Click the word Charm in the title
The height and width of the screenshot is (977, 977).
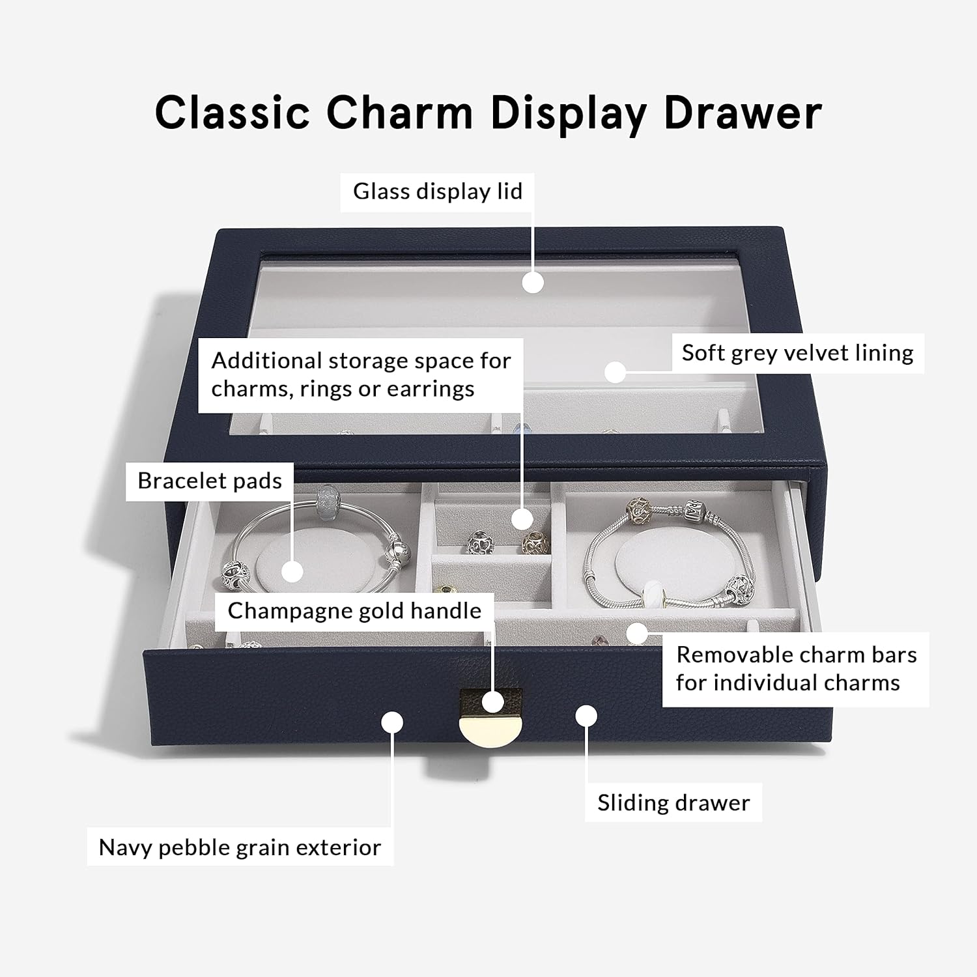399,113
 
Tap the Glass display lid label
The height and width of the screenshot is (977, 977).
438,191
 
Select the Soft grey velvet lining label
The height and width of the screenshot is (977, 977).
797,353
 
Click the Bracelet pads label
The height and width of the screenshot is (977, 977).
210,481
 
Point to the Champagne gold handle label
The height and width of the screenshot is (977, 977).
354,611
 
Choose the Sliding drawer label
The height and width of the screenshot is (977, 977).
673,802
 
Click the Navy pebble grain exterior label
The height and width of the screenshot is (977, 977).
240,847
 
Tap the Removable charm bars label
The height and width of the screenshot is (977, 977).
796,668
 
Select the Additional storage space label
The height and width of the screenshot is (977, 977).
361,375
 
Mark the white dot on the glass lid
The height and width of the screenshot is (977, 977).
533,283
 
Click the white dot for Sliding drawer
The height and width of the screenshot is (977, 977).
586,715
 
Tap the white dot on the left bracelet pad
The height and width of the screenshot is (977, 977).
292,571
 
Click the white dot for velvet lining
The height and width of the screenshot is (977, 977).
615,372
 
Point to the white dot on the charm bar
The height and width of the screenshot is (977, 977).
638,632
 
